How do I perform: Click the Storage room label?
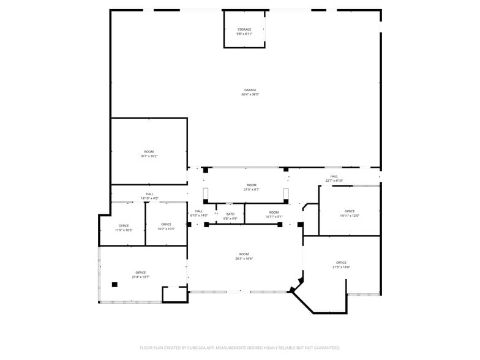(x=244, y=29)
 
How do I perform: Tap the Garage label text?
(x=250, y=90)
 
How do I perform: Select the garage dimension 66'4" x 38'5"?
(x=250, y=95)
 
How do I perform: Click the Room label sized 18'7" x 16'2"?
(x=149, y=152)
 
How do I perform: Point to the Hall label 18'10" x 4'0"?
(x=149, y=194)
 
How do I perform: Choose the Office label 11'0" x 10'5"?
(x=124, y=225)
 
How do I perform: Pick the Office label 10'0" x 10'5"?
(x=166, y=225)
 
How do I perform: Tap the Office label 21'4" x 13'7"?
(x=141, y=272)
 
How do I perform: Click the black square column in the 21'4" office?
(x=114, y=284)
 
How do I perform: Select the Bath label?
(x=230, y=214)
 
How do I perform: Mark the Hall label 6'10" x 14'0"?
(x=199, y=211)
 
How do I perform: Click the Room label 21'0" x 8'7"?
(x=252, y=186)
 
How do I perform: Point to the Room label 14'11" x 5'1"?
(x=274, y=212)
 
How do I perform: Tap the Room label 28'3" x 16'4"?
(x=244, y=254)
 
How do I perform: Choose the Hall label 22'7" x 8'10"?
(x=334, y=176)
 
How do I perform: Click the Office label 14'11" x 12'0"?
(x=350, y=211)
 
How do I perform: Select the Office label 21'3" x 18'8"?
(x=341, y=263)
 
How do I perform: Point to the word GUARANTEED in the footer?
(x=326, y=348)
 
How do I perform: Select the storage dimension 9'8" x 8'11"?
(x=244, y=34)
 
